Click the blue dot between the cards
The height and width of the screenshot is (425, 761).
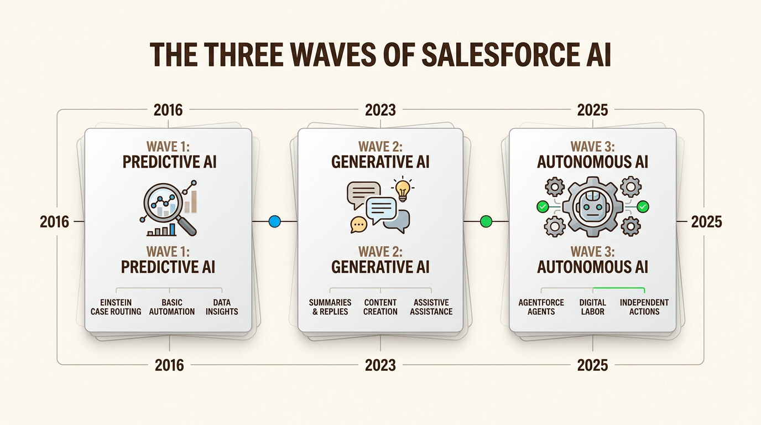[274, 221]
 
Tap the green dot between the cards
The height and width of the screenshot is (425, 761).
[486, 221]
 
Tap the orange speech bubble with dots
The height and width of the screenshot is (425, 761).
[359, 224]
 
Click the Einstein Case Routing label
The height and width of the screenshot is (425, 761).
[116, 307]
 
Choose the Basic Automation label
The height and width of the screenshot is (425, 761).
[172, 307]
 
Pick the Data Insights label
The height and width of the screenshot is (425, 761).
[222, 307]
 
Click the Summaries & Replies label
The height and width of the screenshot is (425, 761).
[330, 307]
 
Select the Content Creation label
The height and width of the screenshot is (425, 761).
[380, 307]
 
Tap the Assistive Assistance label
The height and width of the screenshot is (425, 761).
[431, 307]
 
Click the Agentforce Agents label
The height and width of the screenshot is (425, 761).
[541, 307]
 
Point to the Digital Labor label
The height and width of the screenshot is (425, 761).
[593, 307]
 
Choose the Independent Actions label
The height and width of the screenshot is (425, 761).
[644, 307]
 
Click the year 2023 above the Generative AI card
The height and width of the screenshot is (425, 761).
[380, 110]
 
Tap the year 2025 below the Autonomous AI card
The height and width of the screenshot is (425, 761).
[592, 365]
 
